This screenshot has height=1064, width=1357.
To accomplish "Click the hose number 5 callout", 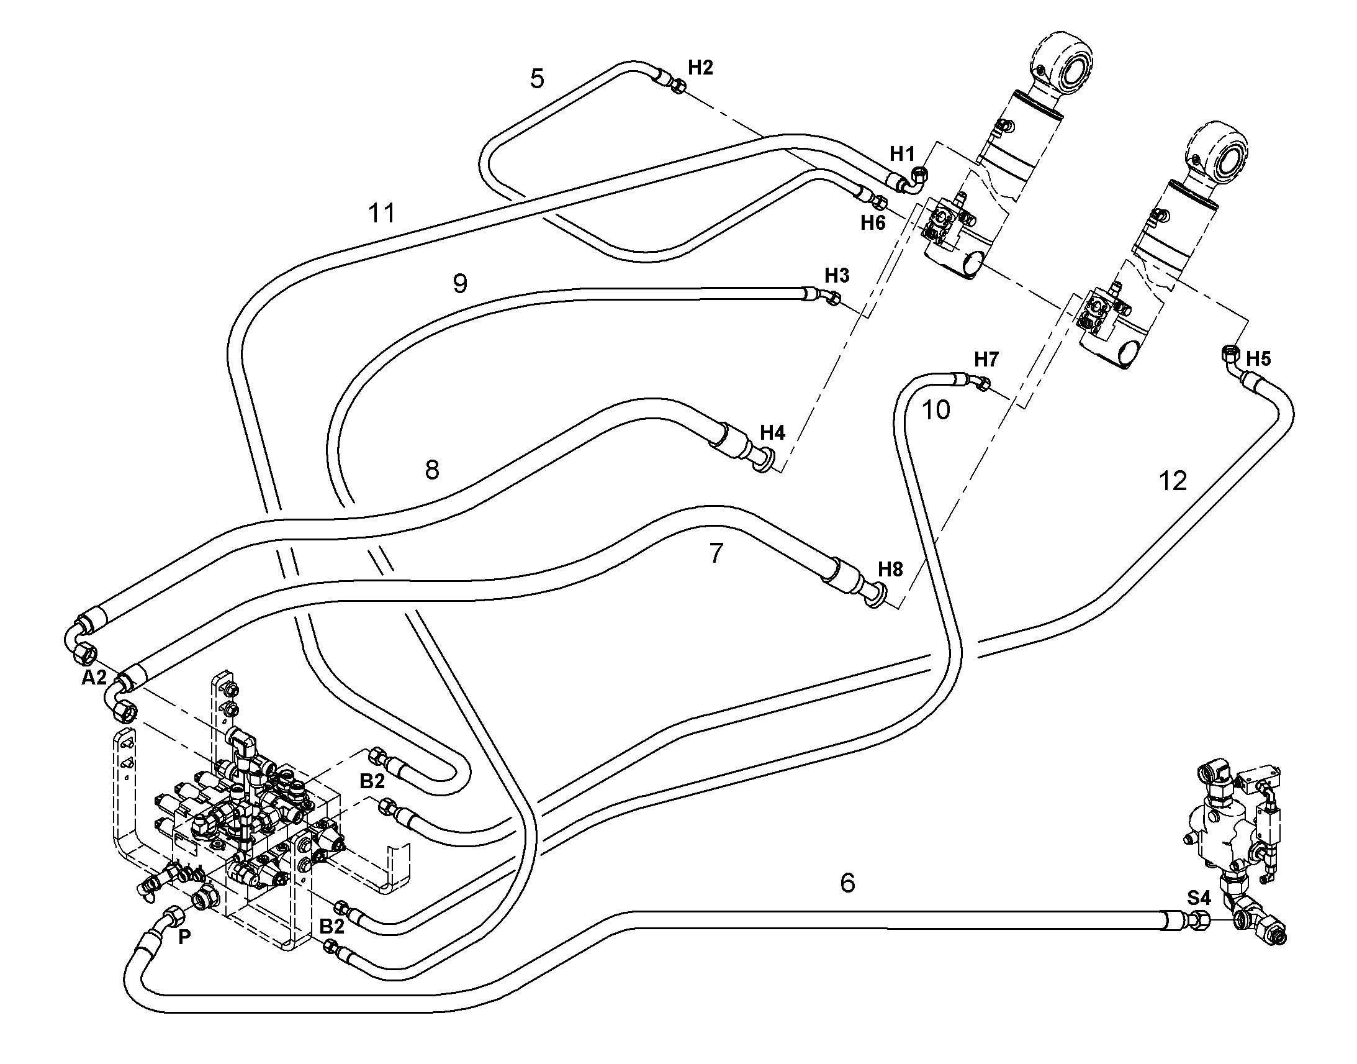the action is (537, 79).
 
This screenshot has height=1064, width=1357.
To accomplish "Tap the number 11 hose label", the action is (382, 214).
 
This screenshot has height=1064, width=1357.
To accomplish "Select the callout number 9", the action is (460, 284).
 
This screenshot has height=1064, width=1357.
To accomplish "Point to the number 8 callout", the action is (432, 470).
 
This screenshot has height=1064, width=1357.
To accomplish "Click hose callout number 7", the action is (716, 553).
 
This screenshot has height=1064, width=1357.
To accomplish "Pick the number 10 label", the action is (935, 411).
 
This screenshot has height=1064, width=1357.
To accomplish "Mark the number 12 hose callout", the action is (1173, 481).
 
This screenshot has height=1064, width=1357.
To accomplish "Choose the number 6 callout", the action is (848, 883).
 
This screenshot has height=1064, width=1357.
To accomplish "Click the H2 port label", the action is (700, 67).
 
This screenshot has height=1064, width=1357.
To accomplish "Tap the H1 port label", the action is (903, 153).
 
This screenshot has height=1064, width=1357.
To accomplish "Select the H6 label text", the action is (873, 222).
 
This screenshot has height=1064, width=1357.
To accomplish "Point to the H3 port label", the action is (837, 275).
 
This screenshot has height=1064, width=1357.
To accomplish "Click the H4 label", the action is (773, 432).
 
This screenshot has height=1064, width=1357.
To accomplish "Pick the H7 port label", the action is (986, 360).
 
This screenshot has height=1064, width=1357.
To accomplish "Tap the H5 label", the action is (1259, 358).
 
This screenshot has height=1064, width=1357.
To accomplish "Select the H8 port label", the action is (890, 569).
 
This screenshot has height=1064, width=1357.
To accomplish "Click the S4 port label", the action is (1199, 898).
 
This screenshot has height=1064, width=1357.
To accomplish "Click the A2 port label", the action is (94, 678).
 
